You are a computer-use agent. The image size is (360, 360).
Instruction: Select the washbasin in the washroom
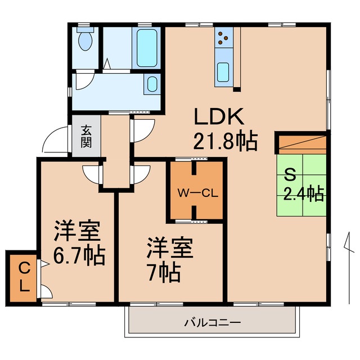[x=151, y=85]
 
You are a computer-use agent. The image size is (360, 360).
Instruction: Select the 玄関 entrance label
[x=86, y=136]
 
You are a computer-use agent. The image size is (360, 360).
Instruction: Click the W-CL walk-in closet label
[x=197, y=193]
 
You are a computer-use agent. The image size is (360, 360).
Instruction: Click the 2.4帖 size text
[x=303, y=194]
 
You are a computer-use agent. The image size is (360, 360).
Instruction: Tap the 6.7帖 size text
[x=79, y=256]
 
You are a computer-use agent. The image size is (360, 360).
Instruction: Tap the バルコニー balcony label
[x=213, y=323]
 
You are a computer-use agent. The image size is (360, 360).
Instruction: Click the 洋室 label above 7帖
[x=170, y=248]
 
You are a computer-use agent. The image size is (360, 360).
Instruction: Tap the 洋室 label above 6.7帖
[x=77, y=231]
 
